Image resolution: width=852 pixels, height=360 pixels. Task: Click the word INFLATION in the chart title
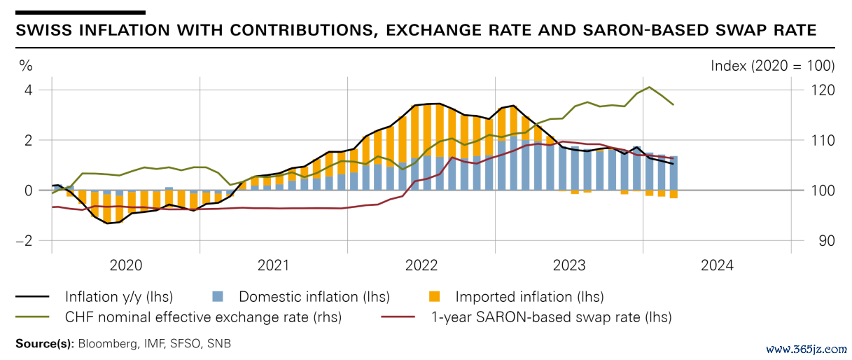pos(123,31)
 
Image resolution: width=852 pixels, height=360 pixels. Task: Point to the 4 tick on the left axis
pos(29,90)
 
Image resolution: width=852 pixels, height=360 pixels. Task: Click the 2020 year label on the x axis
pos(126,265)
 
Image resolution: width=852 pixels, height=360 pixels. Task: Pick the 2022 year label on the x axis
pos(421,265)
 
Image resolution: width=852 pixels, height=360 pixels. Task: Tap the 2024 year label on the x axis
pos(717,265)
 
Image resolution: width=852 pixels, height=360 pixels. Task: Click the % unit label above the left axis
pos(26,66)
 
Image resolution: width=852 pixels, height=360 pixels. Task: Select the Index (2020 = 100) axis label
pos(772,66)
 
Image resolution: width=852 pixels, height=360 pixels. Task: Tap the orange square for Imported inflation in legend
pos(435,297)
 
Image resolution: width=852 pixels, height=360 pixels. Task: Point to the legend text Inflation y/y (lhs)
pos(119,297)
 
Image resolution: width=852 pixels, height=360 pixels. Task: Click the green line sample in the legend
pos(33,317)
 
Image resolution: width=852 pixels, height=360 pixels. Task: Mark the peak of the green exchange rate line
pos(650,87)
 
